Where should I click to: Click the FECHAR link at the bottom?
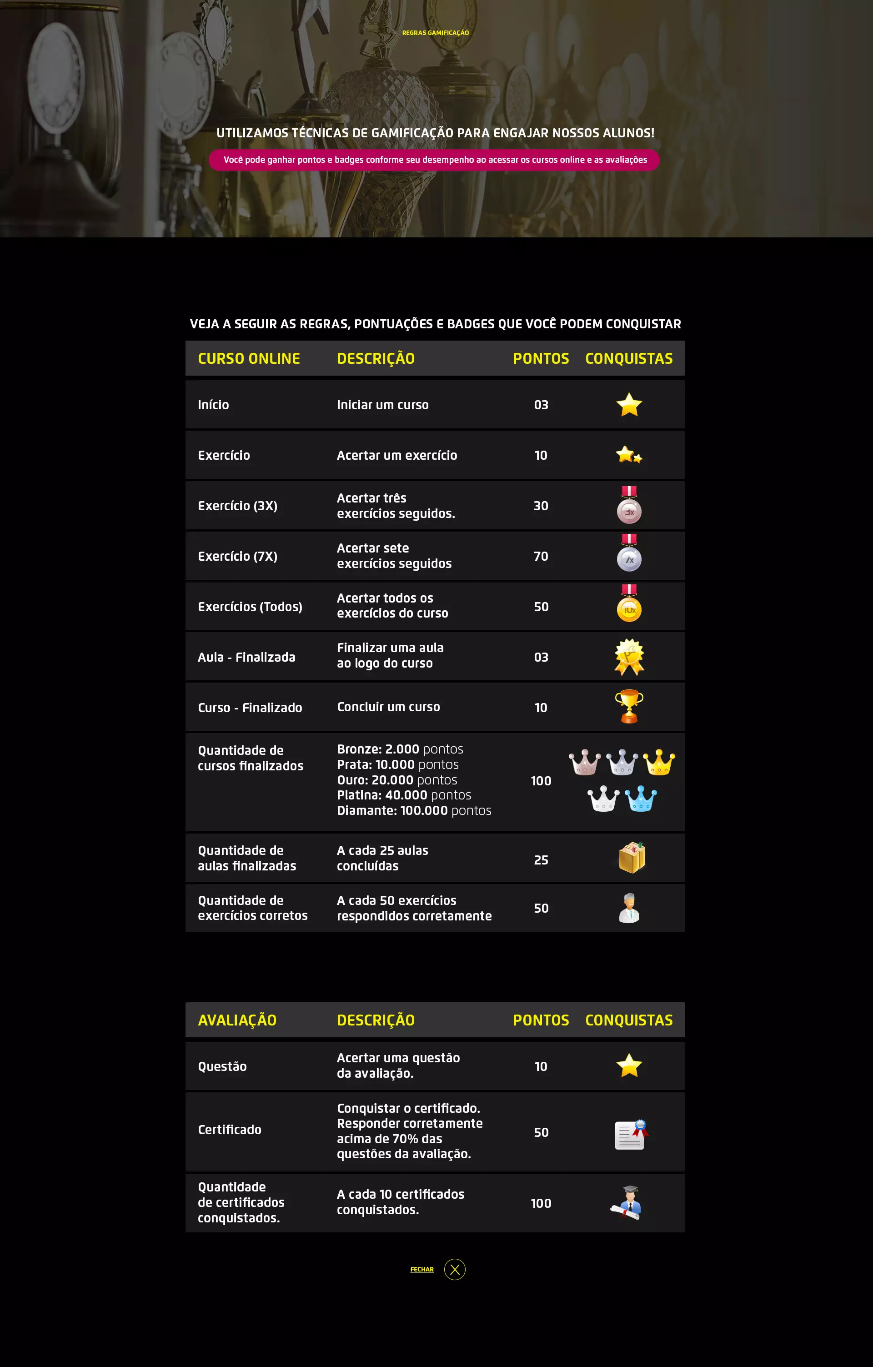422,1269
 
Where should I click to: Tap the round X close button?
455,1269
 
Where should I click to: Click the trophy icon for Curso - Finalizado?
629,706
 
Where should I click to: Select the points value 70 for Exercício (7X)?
541,556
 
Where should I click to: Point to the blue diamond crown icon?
641,798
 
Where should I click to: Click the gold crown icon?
659,762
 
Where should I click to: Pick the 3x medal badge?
629,505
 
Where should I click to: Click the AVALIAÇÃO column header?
237,1020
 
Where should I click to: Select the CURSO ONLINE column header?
249,359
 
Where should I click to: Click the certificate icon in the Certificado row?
631,1134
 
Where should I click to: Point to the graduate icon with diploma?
627,1202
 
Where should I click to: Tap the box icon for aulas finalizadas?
631,857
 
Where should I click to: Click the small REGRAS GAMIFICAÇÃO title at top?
436,33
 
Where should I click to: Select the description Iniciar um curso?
382,405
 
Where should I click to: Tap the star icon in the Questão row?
629,1065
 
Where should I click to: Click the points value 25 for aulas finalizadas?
541,860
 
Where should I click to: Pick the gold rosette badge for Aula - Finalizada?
629,657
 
